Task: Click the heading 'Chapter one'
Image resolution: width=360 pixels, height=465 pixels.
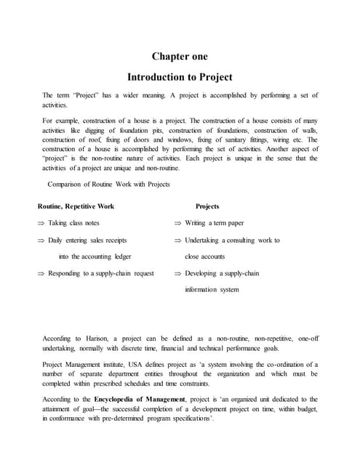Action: coord(180,56)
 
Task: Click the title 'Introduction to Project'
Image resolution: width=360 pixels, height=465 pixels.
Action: coord(180,76)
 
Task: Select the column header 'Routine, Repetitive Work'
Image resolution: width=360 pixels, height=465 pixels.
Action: coord(76,206)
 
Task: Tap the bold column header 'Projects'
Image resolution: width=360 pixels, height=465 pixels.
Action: coord(207,206)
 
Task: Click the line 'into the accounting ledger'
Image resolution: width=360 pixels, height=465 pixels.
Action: coord(95,256)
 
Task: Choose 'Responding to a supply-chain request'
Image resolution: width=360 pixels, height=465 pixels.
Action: coord(101,273)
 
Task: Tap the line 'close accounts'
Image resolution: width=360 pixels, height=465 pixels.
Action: coord(205,256)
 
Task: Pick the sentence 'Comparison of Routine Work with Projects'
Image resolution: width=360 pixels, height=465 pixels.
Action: coord(108,184)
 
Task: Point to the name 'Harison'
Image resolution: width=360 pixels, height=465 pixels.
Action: coord(100,339)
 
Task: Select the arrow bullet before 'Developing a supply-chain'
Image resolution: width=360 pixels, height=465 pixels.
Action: coord(177,273)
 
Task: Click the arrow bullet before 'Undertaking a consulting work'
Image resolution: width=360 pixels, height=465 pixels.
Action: coord(177,240)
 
